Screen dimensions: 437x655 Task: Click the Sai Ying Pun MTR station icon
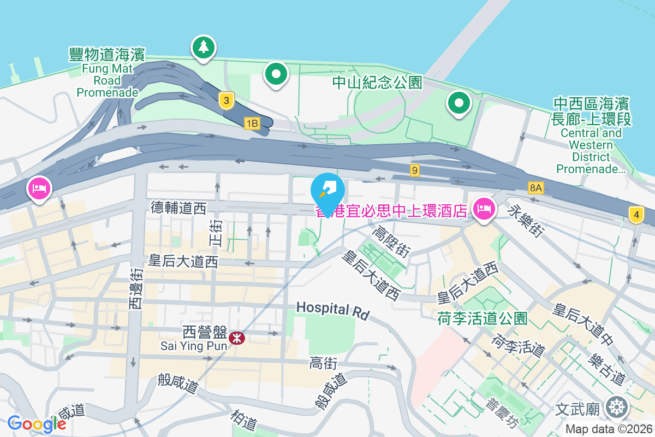(x=236, y=338)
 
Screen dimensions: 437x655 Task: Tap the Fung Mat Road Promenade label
(x=107, y=72)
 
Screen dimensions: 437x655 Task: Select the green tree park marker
(x=204, y=47)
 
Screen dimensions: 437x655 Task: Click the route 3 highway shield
(x=226, y=101)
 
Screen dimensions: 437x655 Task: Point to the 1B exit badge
(x=252, y=123)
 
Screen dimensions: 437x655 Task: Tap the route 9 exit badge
(x=415, y=170)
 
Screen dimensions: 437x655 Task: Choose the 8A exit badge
(x=536, y=188)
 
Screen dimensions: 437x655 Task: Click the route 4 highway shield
(x=636, y=214)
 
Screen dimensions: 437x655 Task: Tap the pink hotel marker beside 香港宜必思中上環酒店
(x=484, y=208)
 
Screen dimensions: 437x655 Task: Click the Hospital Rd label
(x=333, y=310)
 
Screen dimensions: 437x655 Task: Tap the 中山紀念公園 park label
(x=378, y=82)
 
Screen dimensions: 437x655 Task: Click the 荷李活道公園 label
(x=482, y=318)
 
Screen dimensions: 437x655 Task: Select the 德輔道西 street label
(x=178, y=208)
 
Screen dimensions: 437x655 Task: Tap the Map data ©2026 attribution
(x=609, y=429)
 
